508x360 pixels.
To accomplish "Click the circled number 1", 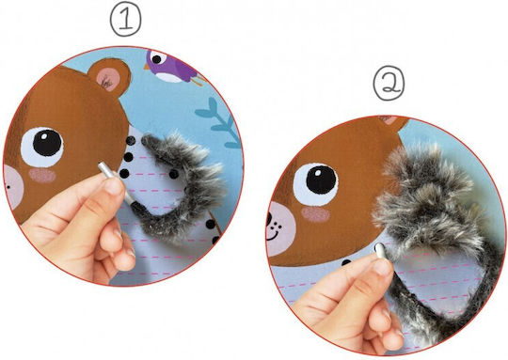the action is pos(126,20).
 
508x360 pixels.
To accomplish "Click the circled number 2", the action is pos(389,84).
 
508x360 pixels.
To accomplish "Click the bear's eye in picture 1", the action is pos(42,148).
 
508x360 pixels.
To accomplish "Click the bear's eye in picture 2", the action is pos(315,184).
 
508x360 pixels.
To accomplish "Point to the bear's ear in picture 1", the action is pos(109,77).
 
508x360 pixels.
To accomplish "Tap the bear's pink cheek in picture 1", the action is pos(42,176).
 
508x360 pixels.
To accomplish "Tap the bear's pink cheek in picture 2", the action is pos(315,215).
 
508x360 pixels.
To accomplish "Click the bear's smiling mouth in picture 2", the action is pos(273,233).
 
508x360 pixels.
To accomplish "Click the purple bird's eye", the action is pos(156,59).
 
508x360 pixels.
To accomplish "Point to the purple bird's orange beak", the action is pos(147,66).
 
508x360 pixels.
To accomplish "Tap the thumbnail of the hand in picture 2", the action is pos(382,267).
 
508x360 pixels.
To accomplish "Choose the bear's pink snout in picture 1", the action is pos(13,187).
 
